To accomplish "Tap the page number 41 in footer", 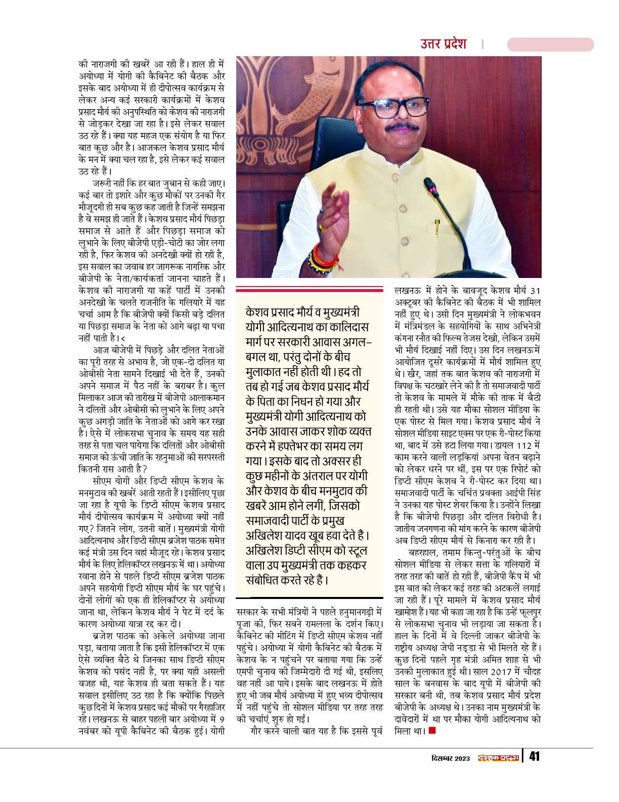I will click(x=535, y=757).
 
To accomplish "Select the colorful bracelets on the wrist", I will click(x=324, y=259).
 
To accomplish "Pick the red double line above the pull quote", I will click(x=314, y=290).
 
